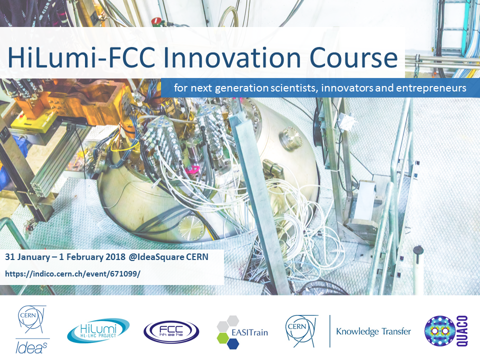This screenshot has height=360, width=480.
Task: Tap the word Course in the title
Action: click(x=353, y=57)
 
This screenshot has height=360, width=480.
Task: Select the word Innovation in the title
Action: click(x=232, y=57)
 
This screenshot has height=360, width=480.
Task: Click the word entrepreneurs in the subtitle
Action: click(x=431, y=88)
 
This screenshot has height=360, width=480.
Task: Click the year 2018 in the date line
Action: click(x=115, y=256)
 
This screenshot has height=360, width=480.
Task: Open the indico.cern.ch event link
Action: click(x=72, y=273)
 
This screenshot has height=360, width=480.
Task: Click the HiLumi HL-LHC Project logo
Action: click(x=98, y=330)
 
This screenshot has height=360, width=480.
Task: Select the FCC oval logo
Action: click(x=171, y=332)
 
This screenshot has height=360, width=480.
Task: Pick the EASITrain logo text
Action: click(x=249, y=332)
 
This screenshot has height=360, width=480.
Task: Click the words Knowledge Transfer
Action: click(x=373, y=331)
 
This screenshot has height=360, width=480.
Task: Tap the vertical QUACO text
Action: click(x=462, y=331)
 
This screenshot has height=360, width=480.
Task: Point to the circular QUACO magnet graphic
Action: click(x=440, y=331)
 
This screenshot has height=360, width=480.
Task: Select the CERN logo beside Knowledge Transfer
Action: click(x=301, y=331)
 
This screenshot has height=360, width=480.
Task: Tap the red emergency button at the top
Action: click(x=156, y=21)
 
